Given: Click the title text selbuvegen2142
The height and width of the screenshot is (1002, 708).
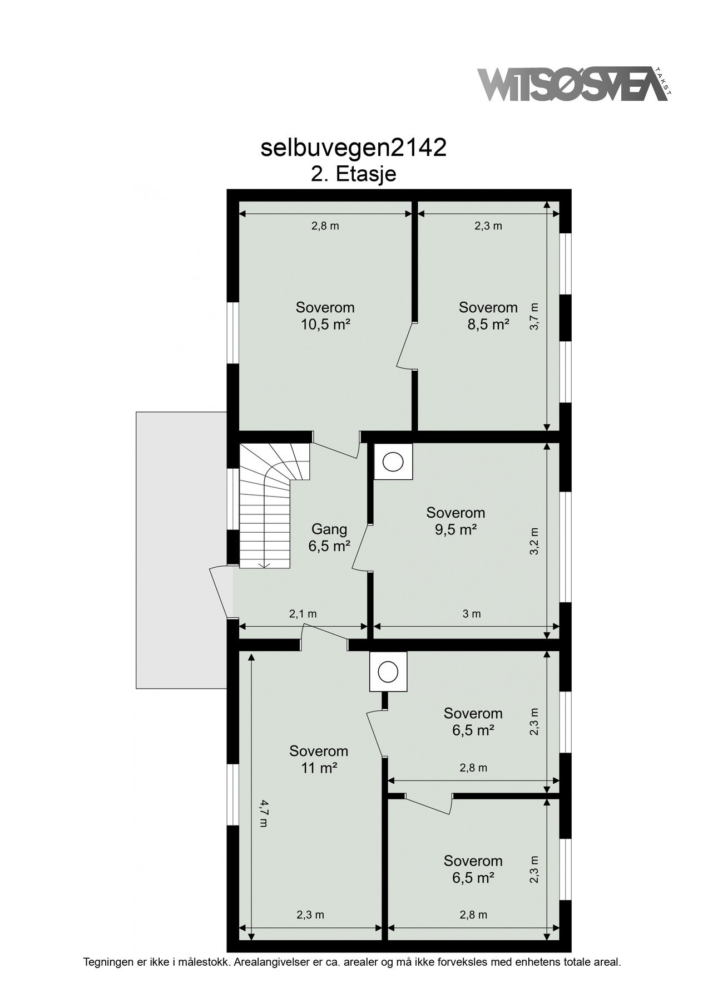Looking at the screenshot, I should point(353,148).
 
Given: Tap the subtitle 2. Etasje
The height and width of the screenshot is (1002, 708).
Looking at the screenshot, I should point(353,174).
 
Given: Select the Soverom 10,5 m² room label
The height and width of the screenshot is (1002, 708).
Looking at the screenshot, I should point(325,316).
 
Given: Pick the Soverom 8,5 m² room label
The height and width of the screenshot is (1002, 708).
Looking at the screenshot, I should point(488,316).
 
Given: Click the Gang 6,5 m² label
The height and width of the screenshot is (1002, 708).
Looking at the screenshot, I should point(329,537).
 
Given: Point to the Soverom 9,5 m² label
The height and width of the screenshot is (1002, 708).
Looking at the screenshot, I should point(456,520).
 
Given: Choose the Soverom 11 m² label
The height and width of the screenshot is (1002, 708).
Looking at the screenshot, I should point(319,759).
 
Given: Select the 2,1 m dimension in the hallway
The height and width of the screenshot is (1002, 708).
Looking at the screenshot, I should point(303,614).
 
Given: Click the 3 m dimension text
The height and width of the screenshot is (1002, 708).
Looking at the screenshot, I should point(472,614).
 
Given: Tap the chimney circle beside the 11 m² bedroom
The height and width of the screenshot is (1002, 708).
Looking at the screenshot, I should point(388,672).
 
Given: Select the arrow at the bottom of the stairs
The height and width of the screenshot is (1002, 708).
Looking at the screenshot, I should point(265,564).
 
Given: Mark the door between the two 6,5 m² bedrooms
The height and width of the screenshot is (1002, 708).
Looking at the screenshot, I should point(428,804).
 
